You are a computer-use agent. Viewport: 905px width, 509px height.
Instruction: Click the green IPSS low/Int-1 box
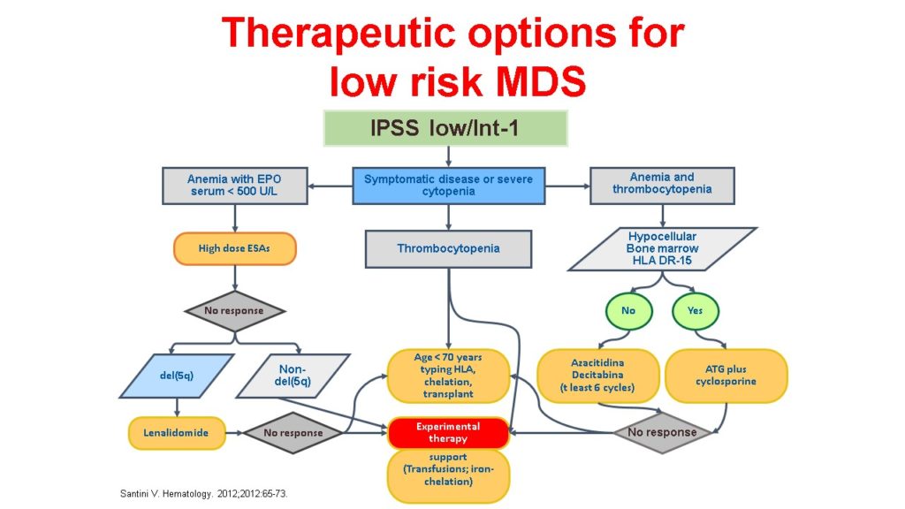click(445, 128)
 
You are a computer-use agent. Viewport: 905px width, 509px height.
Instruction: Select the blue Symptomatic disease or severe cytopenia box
click(448, 186)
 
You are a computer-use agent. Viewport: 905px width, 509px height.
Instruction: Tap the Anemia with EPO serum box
click(234, 186)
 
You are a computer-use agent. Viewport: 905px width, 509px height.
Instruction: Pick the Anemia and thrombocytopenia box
click(662, 186)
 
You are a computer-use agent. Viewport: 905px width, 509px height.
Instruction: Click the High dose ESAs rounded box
click(234, 248)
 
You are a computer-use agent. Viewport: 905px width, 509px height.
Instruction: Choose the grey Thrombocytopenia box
click(448, 248)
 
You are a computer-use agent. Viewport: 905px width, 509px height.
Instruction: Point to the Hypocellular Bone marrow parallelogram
click(662, 248)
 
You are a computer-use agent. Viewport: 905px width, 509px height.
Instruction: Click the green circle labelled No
click(628, 311)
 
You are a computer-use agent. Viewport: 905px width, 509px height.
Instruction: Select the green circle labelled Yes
click(696, 311)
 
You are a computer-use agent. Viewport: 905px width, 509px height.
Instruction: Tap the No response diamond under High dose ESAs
click(234, 311)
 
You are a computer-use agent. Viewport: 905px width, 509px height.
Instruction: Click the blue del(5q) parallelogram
click(177, 376)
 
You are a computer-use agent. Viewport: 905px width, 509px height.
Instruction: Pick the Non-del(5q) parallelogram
click(293, 376)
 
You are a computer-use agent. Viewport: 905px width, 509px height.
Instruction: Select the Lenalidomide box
click(177, 433)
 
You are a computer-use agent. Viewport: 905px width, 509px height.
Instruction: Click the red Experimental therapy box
click(448, 433)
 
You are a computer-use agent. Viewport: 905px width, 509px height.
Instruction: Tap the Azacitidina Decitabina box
click(598, 376)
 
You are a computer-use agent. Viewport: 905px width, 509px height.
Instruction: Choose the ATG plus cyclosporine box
click(726, 376)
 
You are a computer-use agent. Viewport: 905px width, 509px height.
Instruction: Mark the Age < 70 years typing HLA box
click(448, 376)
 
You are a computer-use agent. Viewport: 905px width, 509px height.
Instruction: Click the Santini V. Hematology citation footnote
click(204, 494)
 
